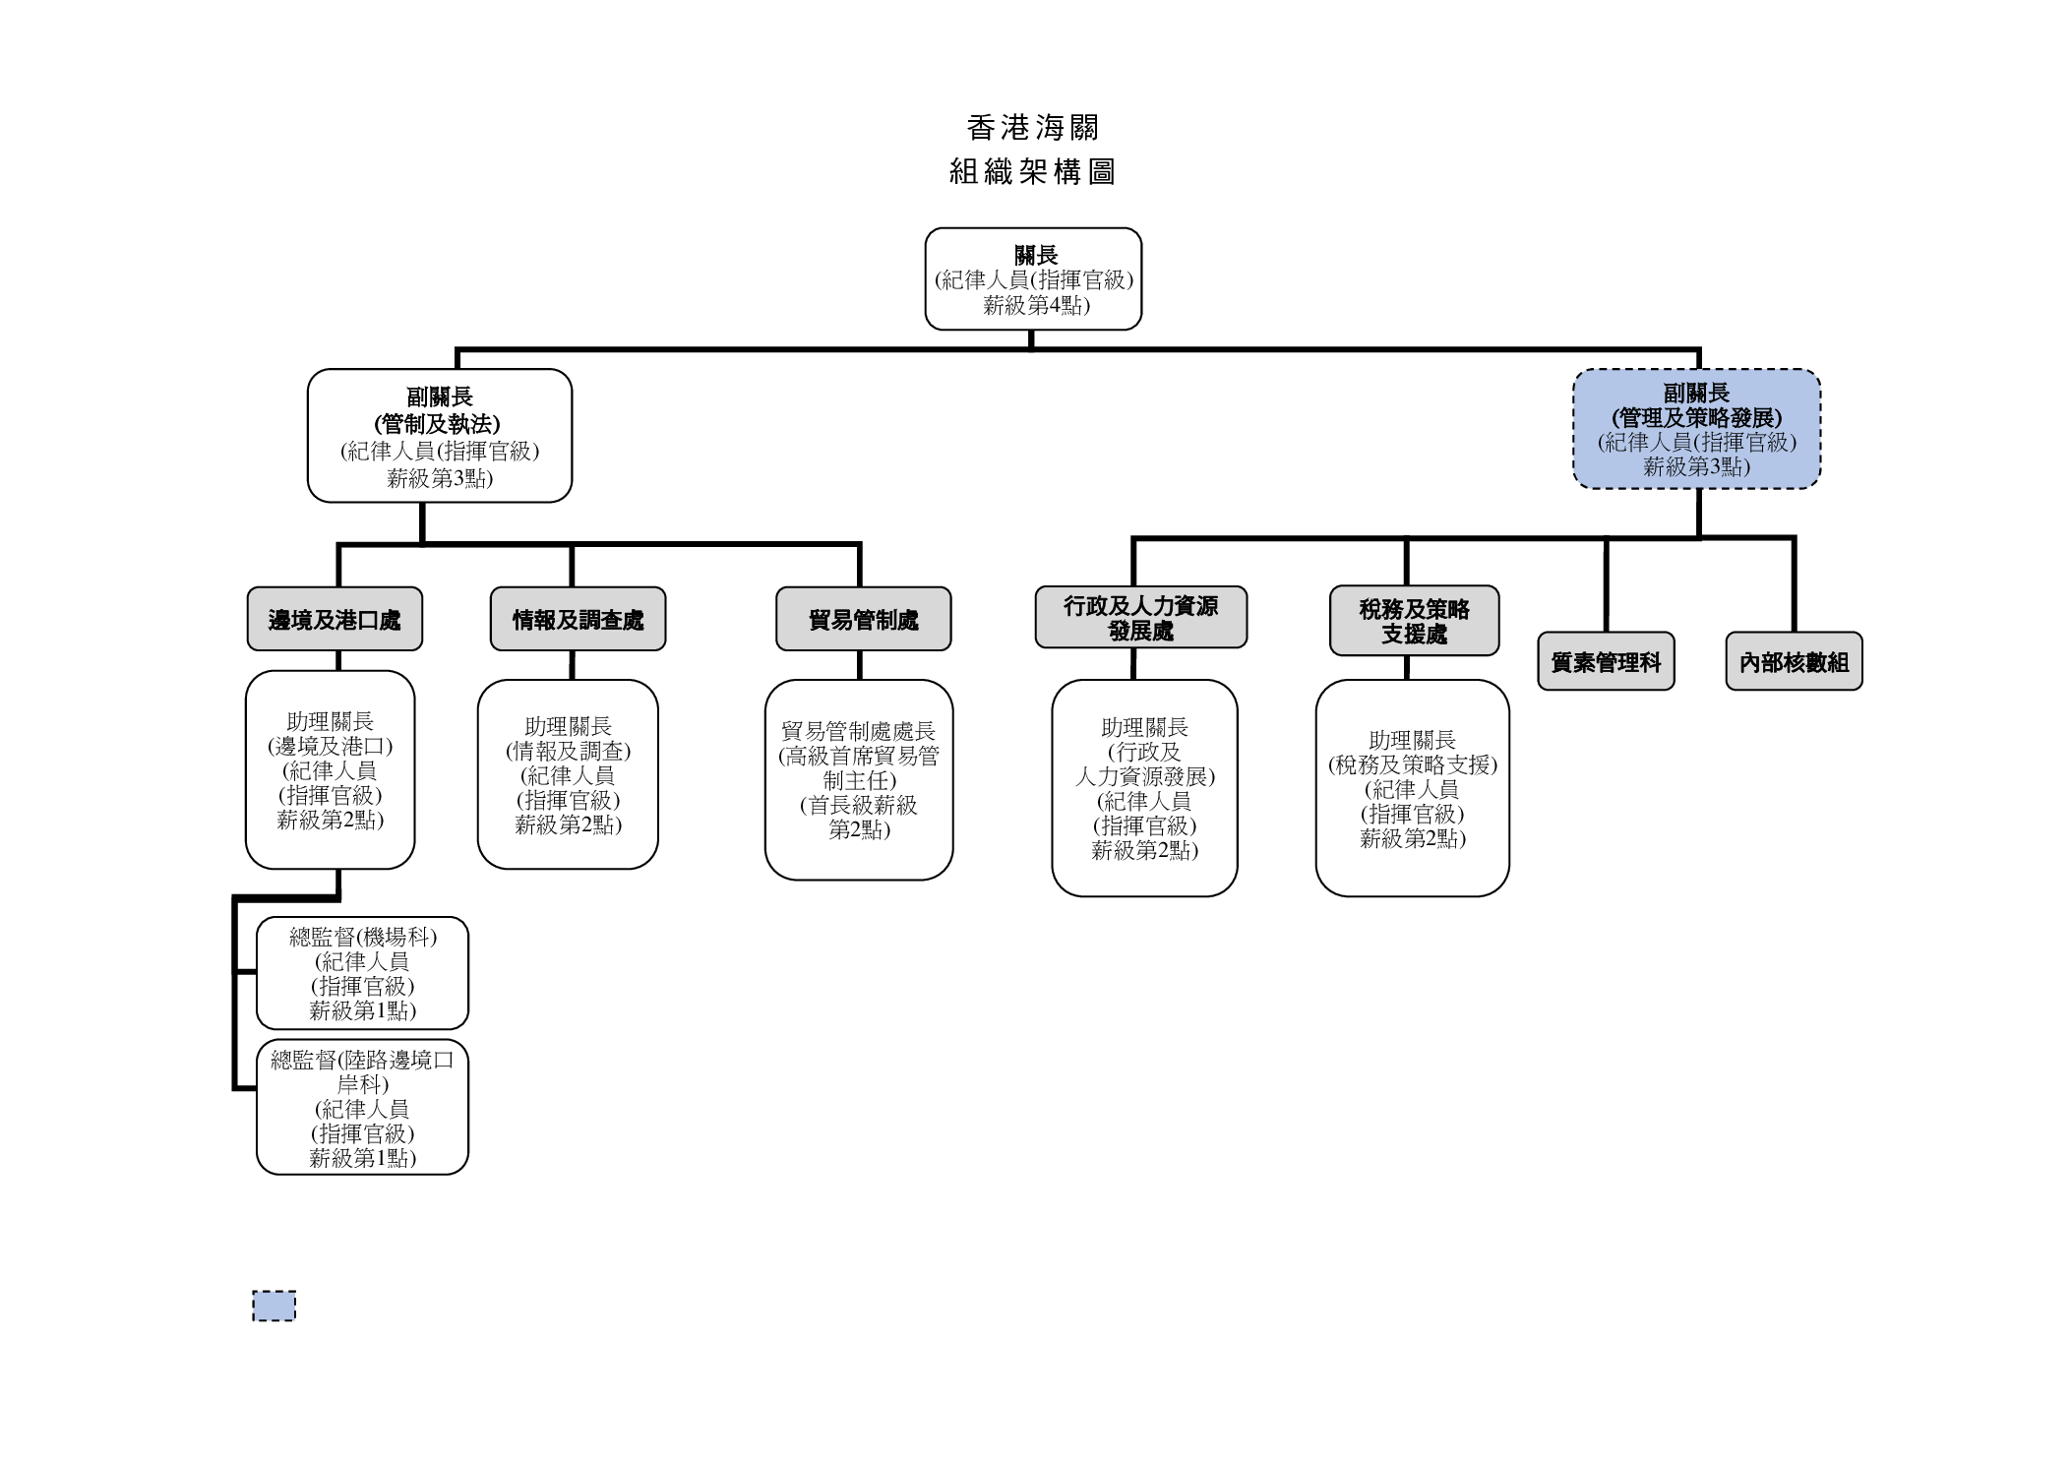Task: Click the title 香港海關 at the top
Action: coord(1032,128)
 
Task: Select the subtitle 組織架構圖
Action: coord(1032,172)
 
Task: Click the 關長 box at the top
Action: coord(1033,279)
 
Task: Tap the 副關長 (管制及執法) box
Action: coord(439,436)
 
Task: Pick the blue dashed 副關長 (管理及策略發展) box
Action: coord(1696,429)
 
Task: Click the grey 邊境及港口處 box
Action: coord(335,619)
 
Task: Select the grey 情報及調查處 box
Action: coord(578,619)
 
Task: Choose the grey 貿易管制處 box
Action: coord(863,619)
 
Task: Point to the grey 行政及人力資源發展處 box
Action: coord(1140,618)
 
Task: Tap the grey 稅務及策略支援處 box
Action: coord(1414,621)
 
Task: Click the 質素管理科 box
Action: coord(1606,661)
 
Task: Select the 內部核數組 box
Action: coord(1794,661)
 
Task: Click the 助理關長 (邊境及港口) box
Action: coord(330,770)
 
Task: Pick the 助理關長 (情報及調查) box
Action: coord(568,774)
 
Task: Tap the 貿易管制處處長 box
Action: coord(859,779)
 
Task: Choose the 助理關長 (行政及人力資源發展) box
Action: coord(1144,788)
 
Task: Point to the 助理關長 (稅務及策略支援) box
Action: coord(1412,788)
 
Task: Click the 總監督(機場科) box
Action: coord(362,973)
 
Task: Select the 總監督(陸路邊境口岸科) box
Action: coord(362,1107)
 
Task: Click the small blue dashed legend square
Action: coord(274,1306)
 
